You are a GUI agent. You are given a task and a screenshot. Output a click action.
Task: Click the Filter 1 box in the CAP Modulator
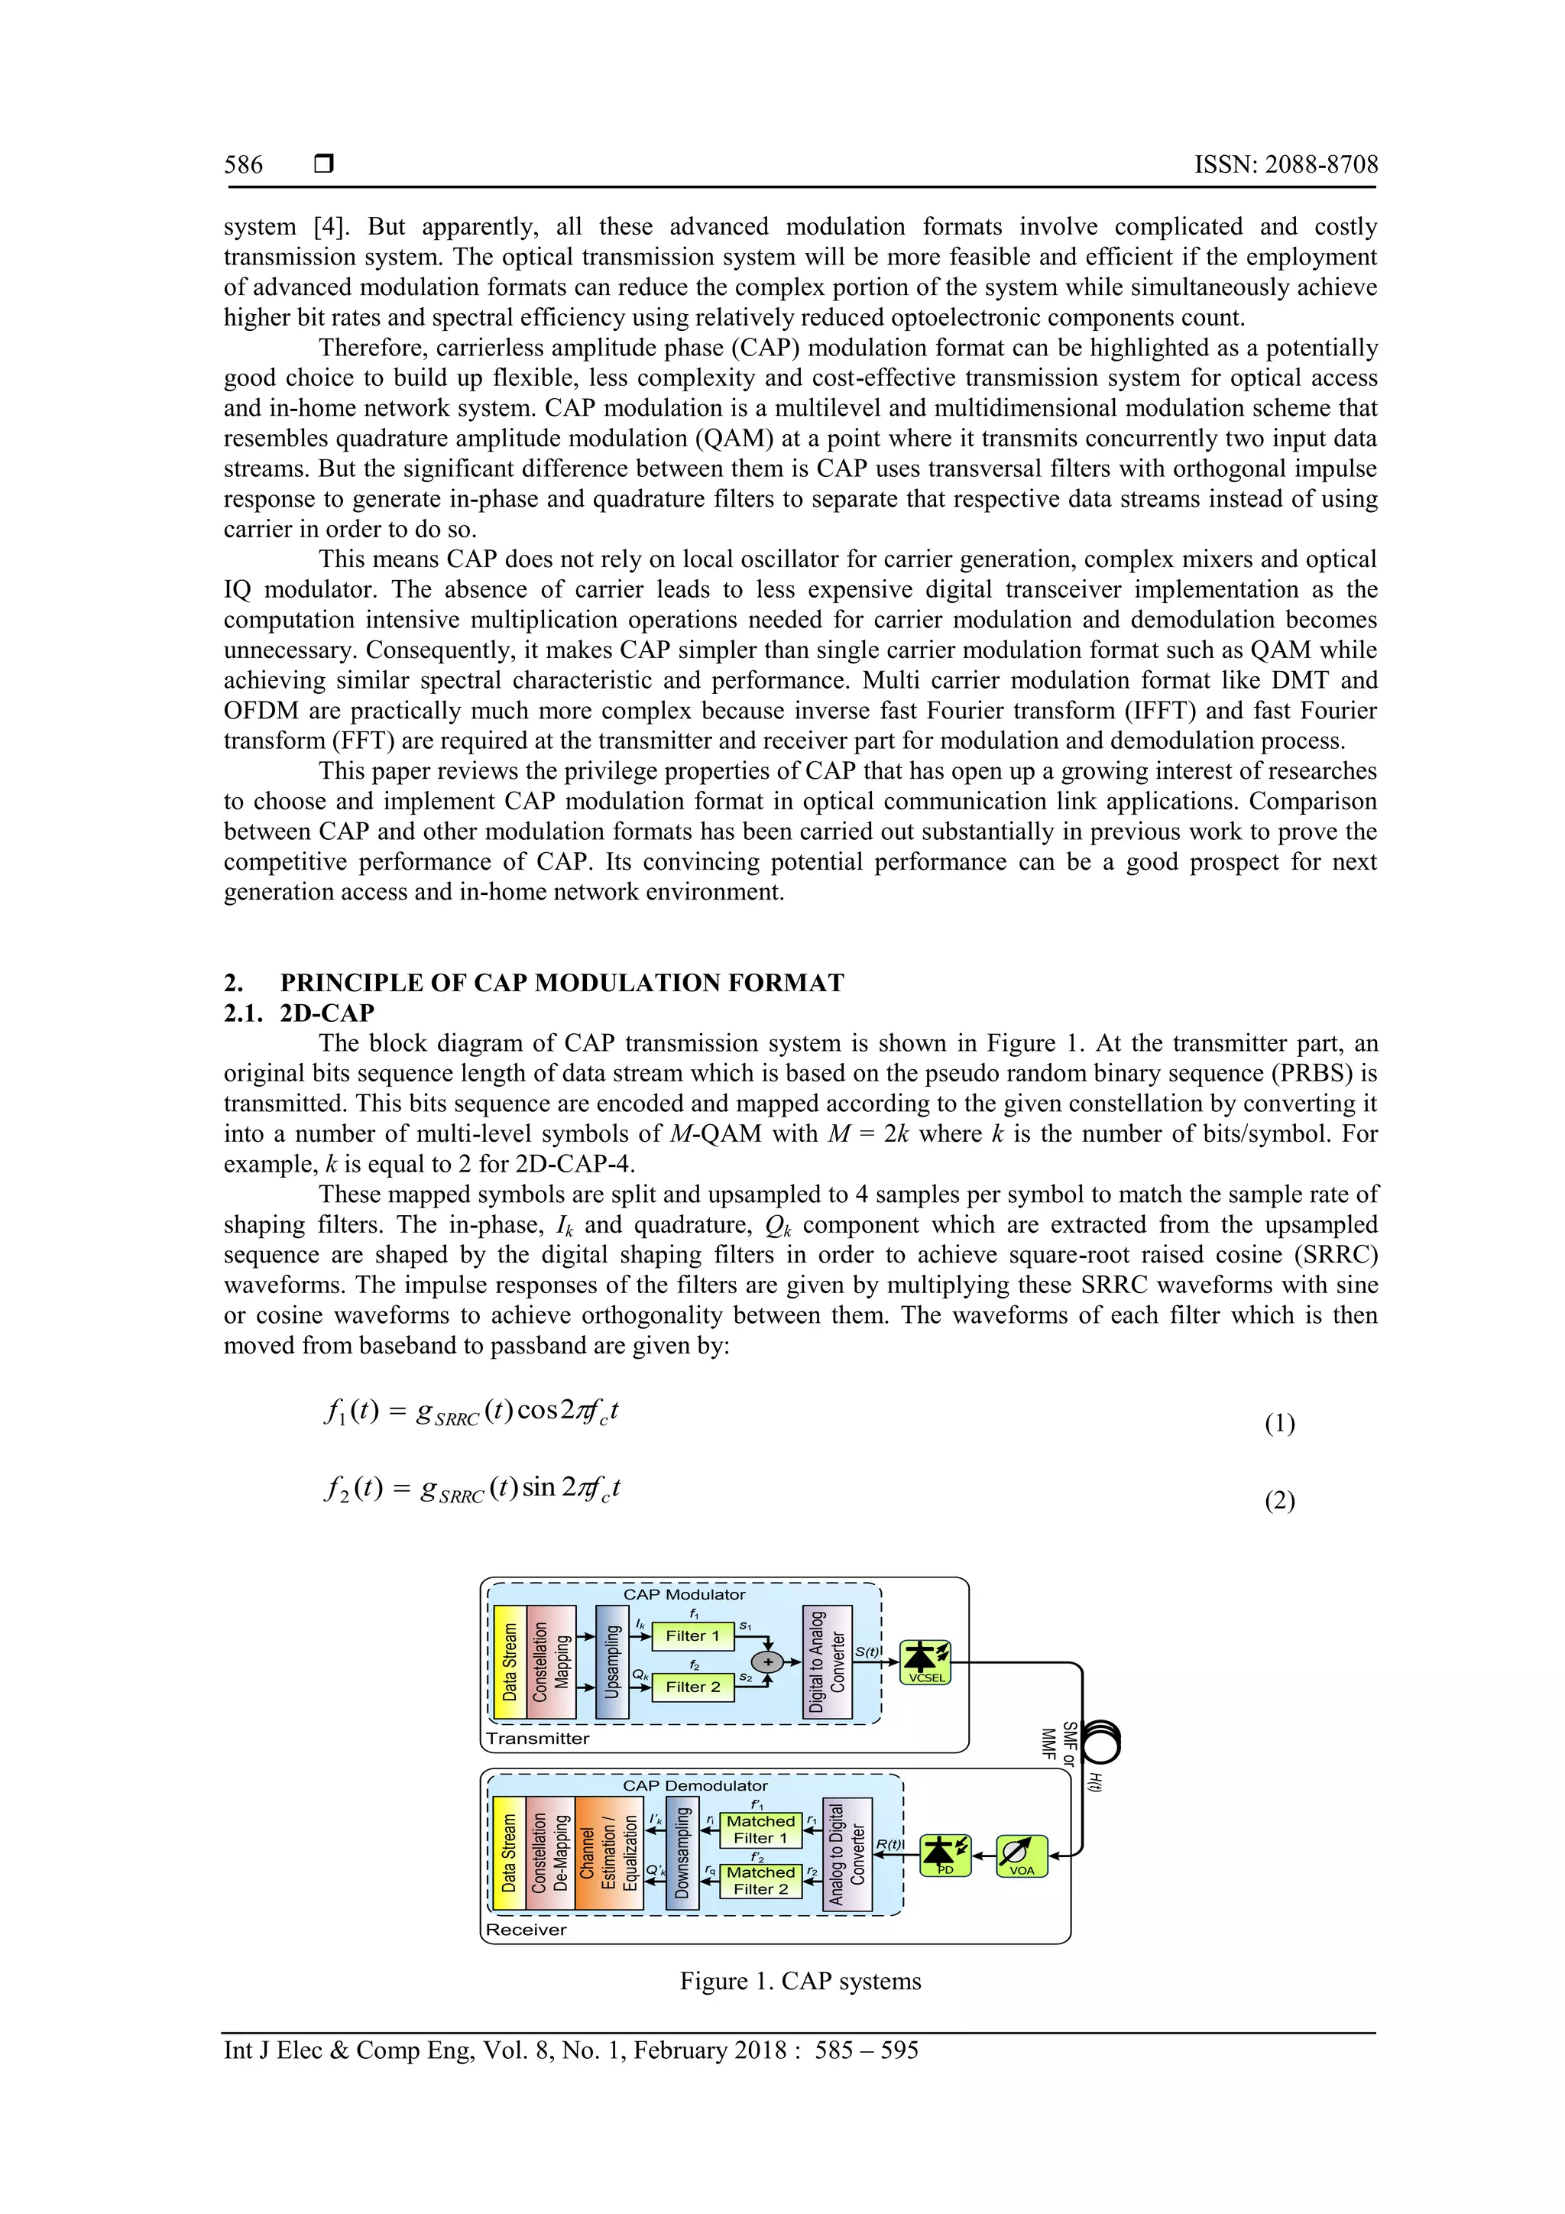(x=692, y=1635)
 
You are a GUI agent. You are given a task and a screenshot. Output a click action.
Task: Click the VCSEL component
(x=925, y=1661)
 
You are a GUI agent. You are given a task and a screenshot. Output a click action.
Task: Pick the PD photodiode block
(x=945, y=1854)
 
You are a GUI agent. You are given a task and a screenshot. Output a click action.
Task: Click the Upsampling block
(x=611, y=1661)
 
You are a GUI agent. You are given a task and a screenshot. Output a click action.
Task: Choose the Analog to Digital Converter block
(x=847, y=1853)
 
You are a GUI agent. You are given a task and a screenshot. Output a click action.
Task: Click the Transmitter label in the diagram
(x=537, y=1738)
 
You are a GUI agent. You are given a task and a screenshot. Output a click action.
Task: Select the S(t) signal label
(x=867, y=1651)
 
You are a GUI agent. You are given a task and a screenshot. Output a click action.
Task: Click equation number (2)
(x=1278, y=1500)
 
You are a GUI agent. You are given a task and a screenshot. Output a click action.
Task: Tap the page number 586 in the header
(x=243, y=165)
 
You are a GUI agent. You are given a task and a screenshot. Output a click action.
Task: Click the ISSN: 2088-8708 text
(x=1285, y=165)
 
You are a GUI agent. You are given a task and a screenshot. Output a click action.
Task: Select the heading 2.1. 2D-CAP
(x=299, y=1013)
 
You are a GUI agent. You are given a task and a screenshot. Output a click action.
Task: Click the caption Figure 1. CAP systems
(x=799, y=1981)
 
